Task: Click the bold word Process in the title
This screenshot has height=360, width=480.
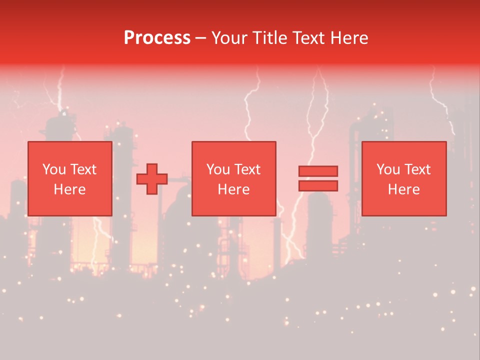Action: pos(157,38)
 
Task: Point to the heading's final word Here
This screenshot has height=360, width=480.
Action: pos(350,38)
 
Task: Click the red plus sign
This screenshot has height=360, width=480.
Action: pos(152,178)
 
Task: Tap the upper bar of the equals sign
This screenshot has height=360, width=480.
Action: pos(318,171)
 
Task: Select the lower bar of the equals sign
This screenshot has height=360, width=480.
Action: pos(318,186)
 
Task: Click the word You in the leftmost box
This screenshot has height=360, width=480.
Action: pos(53,169)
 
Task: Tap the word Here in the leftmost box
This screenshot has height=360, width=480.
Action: pos(70,189)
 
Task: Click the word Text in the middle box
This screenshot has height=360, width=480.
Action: pos(247,169)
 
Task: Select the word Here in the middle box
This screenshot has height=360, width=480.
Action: pos(234,189)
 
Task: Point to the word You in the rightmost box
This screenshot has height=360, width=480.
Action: pos(387,169)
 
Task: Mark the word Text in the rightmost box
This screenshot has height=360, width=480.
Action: pos(417,169)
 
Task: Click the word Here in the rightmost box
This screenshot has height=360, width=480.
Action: pos(404,189)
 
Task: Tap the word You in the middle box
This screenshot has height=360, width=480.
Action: pos(217,169)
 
